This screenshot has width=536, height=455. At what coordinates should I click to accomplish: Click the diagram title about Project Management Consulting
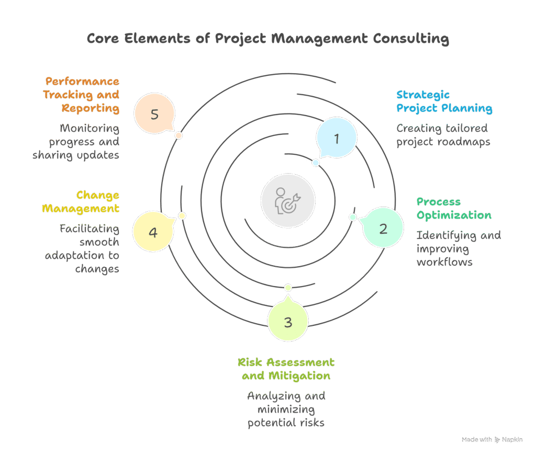267,39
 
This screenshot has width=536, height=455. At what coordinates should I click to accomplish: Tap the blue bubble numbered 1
337,139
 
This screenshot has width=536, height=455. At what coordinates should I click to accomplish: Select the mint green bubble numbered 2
383,229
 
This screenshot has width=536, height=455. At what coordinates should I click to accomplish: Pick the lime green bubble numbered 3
288,322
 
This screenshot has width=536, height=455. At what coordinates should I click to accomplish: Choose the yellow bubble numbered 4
153,232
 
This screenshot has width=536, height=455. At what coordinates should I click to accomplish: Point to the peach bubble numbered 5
154,114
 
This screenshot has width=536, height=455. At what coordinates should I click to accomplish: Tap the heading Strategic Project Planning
444,101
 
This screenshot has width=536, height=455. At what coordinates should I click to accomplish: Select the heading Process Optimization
454,209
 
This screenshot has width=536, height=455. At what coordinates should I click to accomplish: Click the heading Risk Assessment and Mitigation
286,369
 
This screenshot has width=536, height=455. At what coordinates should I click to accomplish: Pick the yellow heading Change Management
82,202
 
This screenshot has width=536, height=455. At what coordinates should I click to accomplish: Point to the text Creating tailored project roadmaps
443,135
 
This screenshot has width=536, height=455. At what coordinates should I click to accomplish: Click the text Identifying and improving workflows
459,248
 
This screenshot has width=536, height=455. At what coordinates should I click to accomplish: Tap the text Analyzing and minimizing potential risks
286,409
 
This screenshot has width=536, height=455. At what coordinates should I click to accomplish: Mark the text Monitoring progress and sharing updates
76,142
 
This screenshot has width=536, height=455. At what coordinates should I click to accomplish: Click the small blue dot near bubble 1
316,163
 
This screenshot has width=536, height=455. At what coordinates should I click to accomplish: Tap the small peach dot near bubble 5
178,135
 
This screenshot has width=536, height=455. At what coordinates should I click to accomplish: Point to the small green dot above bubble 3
288,288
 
